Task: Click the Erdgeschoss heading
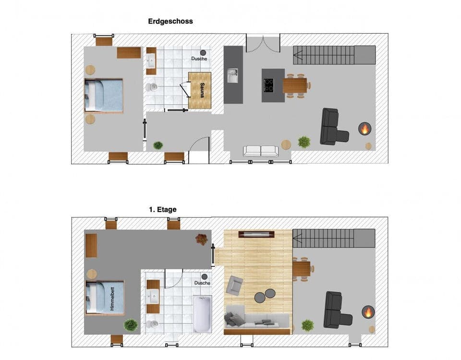tap(170, 21)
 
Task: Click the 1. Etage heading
tap(163, 209)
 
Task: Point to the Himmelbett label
tap(112, 298)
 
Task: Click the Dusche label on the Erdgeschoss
tap(199, 59)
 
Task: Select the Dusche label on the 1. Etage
tap(202, 283)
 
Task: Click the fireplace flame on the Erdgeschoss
tap(365, 128)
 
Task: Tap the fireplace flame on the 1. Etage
tap(368, 312)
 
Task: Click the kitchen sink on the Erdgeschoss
tap(233, 76)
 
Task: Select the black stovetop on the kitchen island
tap(268, 85)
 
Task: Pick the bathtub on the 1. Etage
tap(202, 314)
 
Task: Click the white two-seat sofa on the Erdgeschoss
tap(261, 151)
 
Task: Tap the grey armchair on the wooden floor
tap(235, 285)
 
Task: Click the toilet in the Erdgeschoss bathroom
tap(152, 87)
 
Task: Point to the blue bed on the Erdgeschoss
tap(104, 95)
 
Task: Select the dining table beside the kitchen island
tap(295, 85)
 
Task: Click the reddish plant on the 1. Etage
tap(201, 239)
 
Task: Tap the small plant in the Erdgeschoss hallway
tap(158, 145)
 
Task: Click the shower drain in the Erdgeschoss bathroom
tap(203, 52)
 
